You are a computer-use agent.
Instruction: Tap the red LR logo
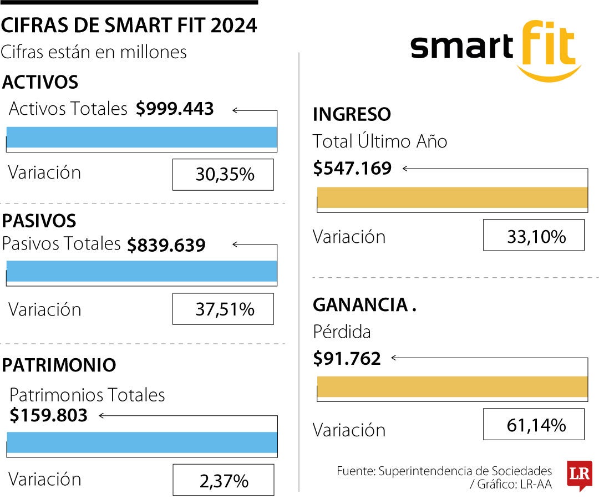coord(579,475)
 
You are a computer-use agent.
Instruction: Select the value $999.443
coord(175,109)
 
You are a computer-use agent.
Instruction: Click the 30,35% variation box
coord(223,175)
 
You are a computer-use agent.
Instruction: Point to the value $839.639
coord(166,245)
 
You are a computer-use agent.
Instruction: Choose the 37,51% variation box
coord(223,309)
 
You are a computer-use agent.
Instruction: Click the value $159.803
coord(49,415)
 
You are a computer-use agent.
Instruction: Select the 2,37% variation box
coord(223,480)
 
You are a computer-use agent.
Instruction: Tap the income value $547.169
coord(352,168)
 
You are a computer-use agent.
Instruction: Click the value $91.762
coord(347,359)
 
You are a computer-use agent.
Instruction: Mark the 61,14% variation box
coord(534,425)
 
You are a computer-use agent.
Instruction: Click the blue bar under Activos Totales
coord(141,138)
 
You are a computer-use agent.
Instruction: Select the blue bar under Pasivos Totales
coord(141,271)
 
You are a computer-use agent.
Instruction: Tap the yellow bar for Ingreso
coord(452,197)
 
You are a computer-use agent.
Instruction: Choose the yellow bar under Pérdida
coord(452,386)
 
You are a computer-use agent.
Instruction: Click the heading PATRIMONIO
coord(59,365)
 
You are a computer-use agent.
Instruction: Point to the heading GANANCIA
coord(361,305)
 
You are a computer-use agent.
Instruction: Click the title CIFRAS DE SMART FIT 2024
coord(129,26)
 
